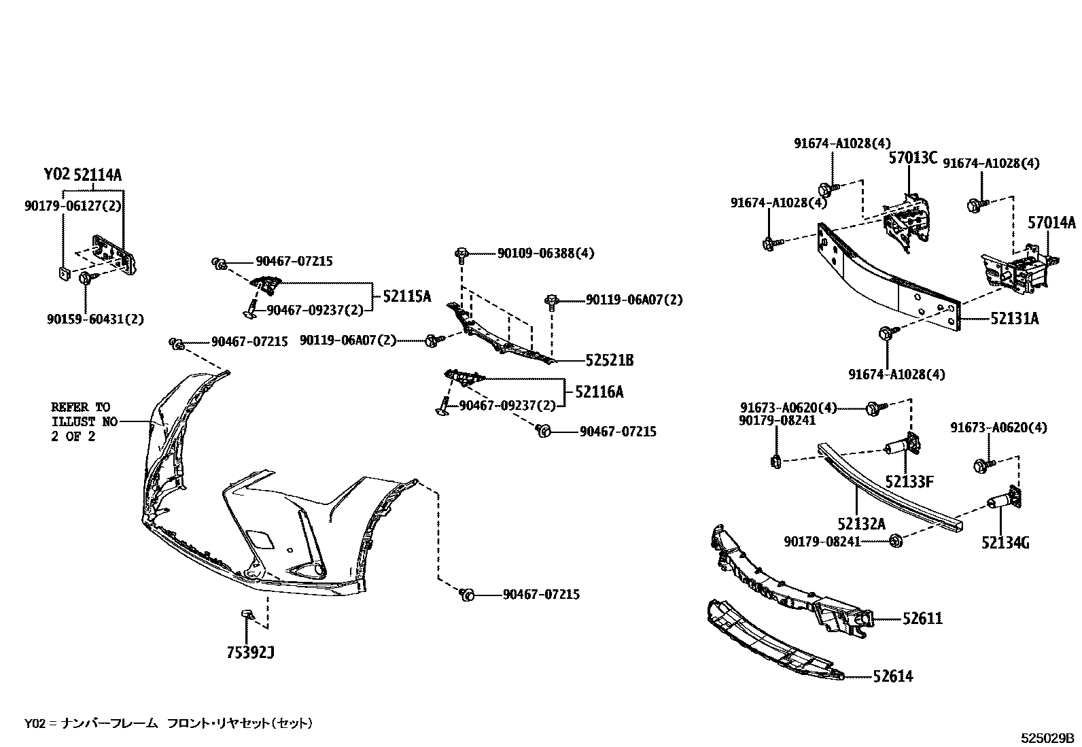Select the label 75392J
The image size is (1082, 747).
coord(250,653)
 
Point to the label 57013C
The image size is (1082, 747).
coord(913,158)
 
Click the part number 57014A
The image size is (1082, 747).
coord(1051,222)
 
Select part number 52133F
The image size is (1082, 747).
coord(909,482)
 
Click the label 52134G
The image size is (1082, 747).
coord(1005,542)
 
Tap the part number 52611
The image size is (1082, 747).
coord(922,619)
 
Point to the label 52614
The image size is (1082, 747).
coord(892,676)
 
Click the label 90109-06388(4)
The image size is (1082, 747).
coord(545,254)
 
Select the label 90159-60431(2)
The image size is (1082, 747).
coord(95,319)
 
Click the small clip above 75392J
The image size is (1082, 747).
coord(246,615)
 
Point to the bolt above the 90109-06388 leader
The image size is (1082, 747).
coord(461,255)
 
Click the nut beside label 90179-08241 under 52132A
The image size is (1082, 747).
coord(895,541)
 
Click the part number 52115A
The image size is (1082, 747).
coord(406,296)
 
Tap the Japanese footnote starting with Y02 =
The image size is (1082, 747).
coord(169,723)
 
